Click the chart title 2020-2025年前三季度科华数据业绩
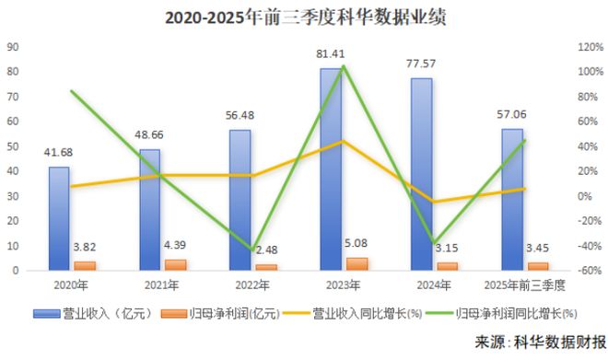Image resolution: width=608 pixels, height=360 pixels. click(304, 17)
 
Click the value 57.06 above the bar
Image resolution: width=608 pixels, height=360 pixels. click(513, 117)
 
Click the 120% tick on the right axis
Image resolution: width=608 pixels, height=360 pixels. click(590, 46)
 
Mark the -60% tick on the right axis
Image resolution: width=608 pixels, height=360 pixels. click(590, 271)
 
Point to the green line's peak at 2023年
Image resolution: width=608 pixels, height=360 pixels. click(343, 66)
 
